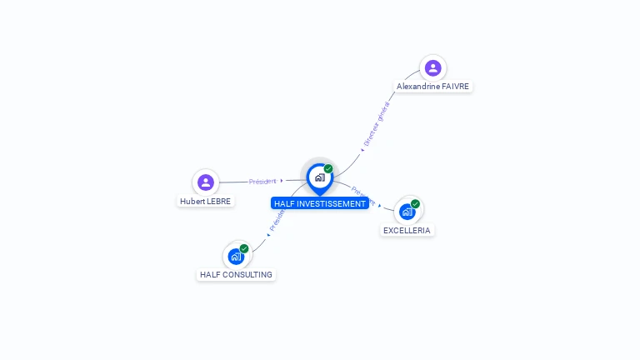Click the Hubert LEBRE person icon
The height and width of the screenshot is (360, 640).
click(x=206, y=182)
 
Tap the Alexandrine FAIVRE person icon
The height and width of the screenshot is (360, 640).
click(x=432, y=67)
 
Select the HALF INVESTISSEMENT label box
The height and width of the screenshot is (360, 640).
click(x=320, y=203)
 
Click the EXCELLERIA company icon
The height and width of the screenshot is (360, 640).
click(x=407, y=212)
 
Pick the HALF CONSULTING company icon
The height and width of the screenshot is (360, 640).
click(x=236, y=256)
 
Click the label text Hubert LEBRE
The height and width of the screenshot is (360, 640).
click(x=206, y=201)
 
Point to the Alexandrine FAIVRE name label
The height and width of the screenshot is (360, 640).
click(x=432, y=87)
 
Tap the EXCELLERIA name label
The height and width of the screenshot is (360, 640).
click(x=407, y=230)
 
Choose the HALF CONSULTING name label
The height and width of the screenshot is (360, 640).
click(x=236, y=274)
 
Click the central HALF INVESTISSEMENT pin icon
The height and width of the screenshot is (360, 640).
click(x=319, y=177)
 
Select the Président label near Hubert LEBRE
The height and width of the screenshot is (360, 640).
click(x=262, y=181)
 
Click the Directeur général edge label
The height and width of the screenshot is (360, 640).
click(x=377, y=123)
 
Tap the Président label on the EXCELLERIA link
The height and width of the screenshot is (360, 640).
click(x=363, y=196)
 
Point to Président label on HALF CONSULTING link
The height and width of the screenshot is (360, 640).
click(x=277, y=218)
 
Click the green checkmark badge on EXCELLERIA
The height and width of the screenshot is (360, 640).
click(x=415, y=204)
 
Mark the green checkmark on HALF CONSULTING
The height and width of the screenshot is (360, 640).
click(x=244, y=248)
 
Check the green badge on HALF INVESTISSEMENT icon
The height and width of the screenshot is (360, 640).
click(x=328, y=169)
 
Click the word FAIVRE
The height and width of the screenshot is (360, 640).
click(x=455, y=87)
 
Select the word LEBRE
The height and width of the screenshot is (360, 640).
click(x=219, y=201)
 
